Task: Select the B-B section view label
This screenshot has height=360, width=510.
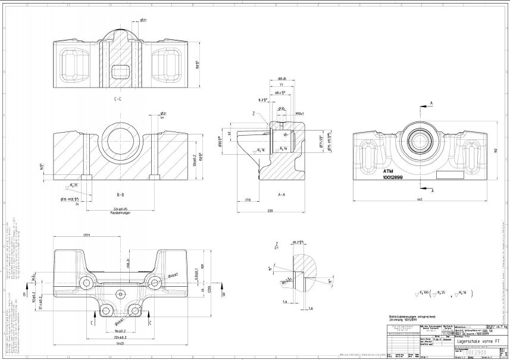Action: pyautogui.click(x=120, y=194)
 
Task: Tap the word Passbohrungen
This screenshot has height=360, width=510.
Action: pyautogui.click(x=120, y=212)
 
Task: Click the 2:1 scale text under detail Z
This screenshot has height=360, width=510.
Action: pyautogui.click(x=277, y=248)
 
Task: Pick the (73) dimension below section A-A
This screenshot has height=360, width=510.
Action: pyautogui.click(x=248, y=200)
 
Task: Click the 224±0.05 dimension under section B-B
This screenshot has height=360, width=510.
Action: pyautogui.click(x=120, y=208)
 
